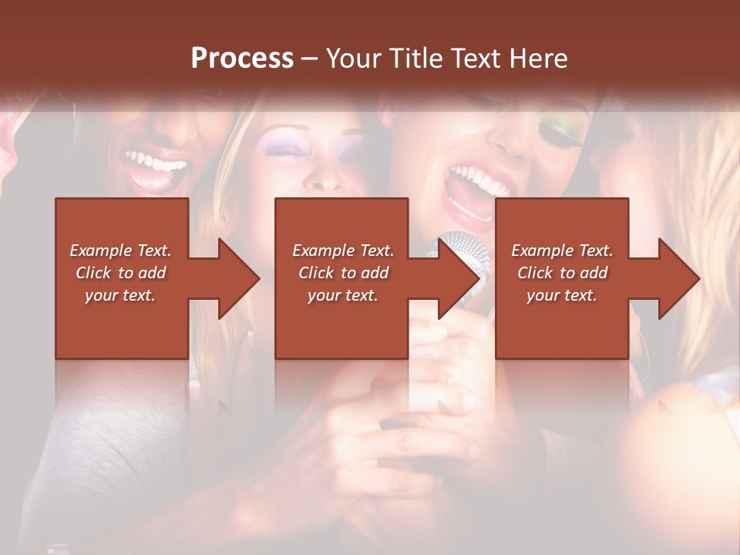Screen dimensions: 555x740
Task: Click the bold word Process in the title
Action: pyautogui.click(x=242, y=59)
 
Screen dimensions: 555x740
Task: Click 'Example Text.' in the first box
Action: pyautogui.click(x=120, y=251)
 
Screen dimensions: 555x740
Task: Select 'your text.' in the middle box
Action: pyautogui.click(x=342, y=295)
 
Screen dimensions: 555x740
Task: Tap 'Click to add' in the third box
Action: pyautogui.click(x=562, y=273)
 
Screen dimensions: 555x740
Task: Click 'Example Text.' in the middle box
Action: pyautogui.click(x=342, y=251)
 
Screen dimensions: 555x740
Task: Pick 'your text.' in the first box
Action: pyautogui.click(x=120, y=295)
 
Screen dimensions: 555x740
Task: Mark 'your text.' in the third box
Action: pyautogui.click(x=562, y=295)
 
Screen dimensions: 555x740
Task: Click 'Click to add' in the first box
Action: pyautogui.click(x=120, y=273)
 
